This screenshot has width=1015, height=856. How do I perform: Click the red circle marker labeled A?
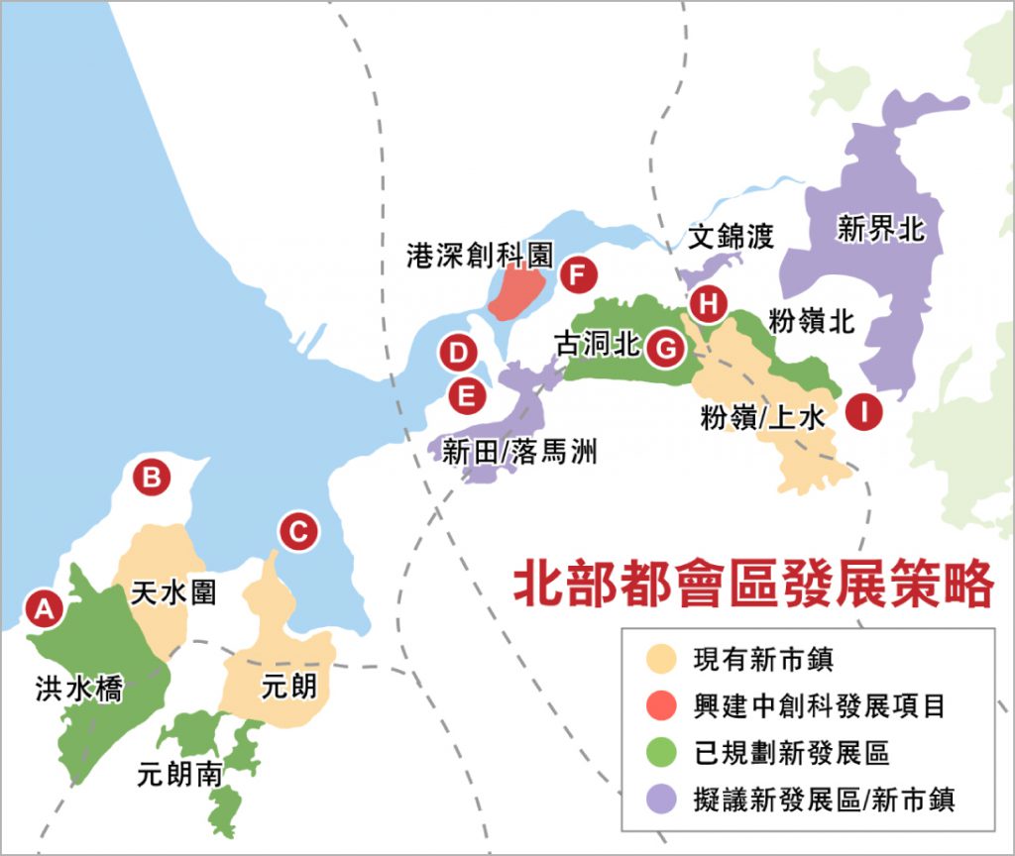click(44, 607)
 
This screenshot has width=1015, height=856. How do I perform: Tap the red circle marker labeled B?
click(152, 478)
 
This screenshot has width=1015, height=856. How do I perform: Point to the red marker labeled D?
click(459, 352)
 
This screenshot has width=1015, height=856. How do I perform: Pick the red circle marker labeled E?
click(465, 397)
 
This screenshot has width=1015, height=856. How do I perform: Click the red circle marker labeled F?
click(576, 274)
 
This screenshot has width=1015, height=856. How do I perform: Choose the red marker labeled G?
click(666, 349)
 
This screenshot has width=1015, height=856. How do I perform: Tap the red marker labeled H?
click(708, 304)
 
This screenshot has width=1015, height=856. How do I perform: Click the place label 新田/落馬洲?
click(520, 453)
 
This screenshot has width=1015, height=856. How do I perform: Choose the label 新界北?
click(880, 230)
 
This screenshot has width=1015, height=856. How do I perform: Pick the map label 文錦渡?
click(732, 236)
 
